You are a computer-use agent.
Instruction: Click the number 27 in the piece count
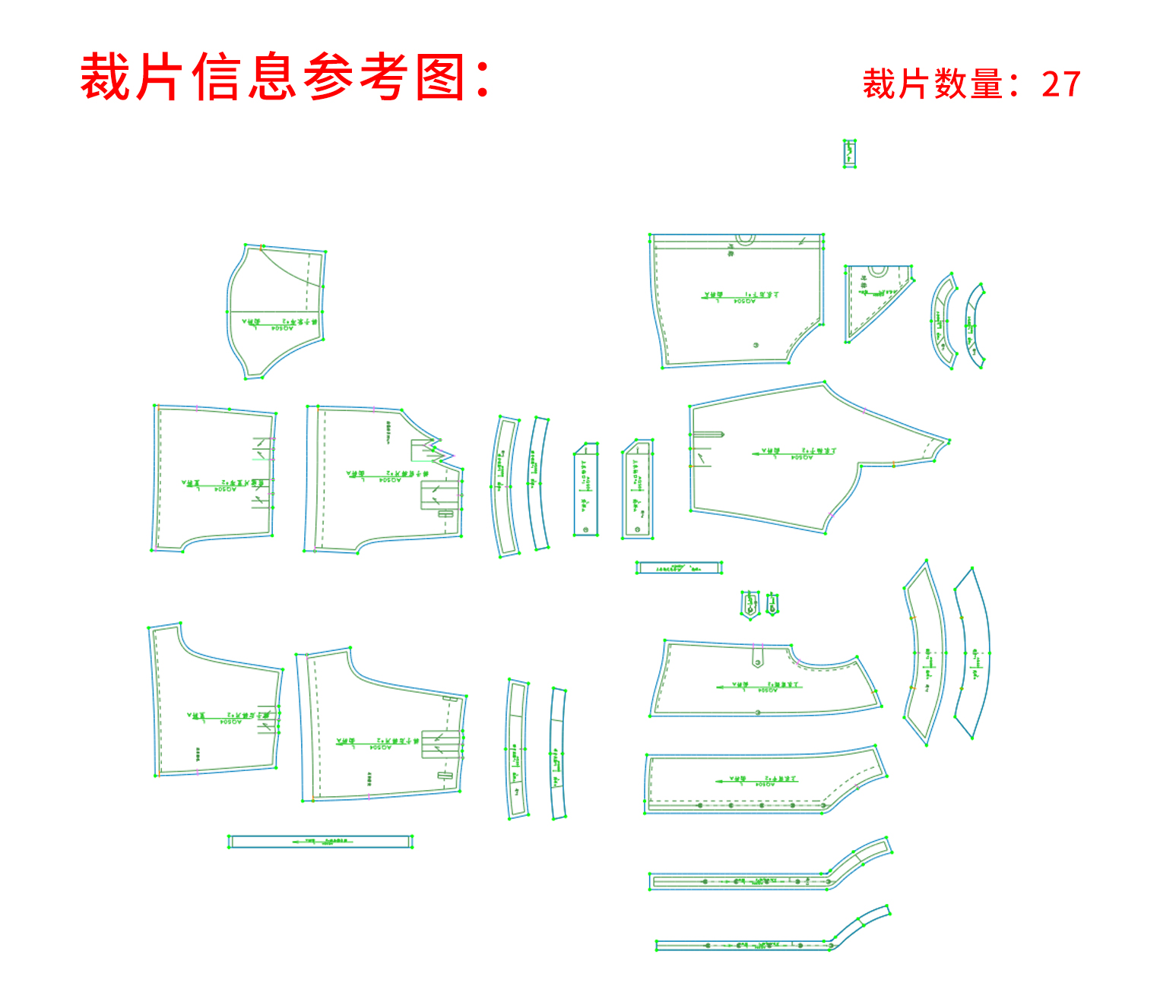1061,84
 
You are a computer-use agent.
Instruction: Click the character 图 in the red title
440,77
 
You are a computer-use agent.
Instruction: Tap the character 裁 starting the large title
104,77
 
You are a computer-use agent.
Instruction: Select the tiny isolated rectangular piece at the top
850,153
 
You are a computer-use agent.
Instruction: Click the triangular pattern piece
870,300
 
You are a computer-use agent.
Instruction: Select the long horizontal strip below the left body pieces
320,842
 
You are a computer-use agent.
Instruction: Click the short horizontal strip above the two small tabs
678,567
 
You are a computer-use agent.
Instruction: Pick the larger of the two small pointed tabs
750,604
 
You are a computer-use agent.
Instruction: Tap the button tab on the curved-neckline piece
757,656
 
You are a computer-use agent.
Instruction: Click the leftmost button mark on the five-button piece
700,805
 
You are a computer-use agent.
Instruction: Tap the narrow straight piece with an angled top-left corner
638,489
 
